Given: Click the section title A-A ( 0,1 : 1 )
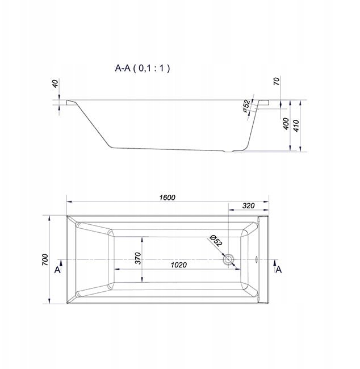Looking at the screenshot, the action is pyautogui.click(x=142, y=68).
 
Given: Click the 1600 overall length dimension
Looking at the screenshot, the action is pyautogui.click(x=167, y=198).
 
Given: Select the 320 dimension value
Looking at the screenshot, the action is pyautogui.click(x=248, y=206).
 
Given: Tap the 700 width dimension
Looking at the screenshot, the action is pyautogui.click(x=45, y=259).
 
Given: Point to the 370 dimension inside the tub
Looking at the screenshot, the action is pyautogui.click(x=138, y=258).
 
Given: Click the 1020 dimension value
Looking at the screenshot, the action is pyautogui.click(x=179, y=265).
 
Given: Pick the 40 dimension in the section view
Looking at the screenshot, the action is pyautogui.click(x=55, y=83).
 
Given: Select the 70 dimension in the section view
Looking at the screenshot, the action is pyautogui.click(x=277, y=81).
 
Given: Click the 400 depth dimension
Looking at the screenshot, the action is pyautogui.click(x=286, y=124).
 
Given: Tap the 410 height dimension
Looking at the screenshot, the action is pyautogui.click(x=296, y=125).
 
